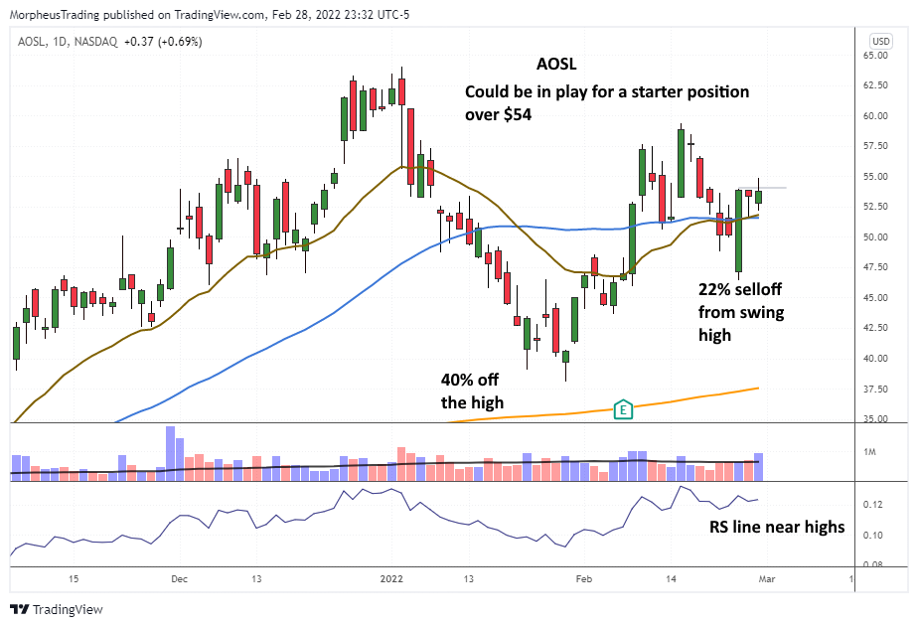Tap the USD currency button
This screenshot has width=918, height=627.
[x=880, y=41]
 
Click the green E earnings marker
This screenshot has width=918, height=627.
[x=623, y=408]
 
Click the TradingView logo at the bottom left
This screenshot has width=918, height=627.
[x=57, y=609]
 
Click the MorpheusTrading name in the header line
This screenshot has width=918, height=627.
[x=56, y=15]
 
